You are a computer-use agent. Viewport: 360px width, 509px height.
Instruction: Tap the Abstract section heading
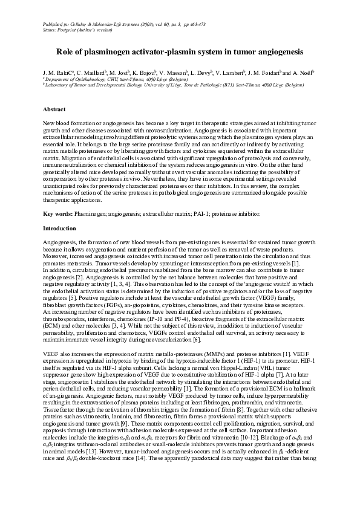tap(54, 109)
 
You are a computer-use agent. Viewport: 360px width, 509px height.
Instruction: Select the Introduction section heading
tap(59, 229)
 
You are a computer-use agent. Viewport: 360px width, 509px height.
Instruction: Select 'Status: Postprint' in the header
tap(63, 28)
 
